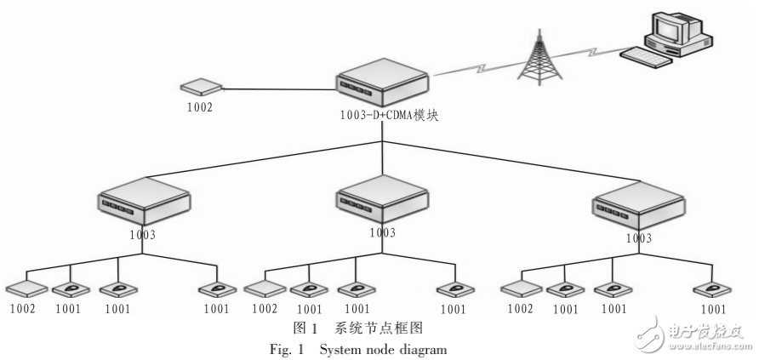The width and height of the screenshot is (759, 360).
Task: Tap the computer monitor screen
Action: pyautogui.click(x=665, y=31)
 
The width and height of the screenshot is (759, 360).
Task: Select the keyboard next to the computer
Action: pyautogui.click(x=643, y=57)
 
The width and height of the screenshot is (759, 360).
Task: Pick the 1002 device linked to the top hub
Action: pyautogui.click(x=201, y=87)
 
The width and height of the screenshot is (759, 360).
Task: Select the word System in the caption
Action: pyautogui.click(x=334, y=346)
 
